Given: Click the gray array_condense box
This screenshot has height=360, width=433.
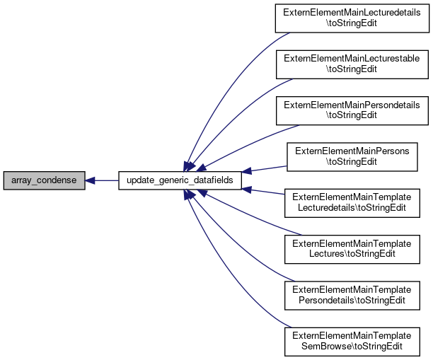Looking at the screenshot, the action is tap(44, 180).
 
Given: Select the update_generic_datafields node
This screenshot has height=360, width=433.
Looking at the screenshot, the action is tap(180, 180).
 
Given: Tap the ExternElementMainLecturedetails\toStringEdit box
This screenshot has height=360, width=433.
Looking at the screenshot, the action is tap(352, 18).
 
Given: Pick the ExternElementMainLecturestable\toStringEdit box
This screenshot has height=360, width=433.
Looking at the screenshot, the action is tap(352, 64).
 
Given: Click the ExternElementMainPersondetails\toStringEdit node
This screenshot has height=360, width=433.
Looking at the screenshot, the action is tap(352, 111).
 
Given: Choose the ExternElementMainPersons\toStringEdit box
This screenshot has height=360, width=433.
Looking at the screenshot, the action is tap(352, 157).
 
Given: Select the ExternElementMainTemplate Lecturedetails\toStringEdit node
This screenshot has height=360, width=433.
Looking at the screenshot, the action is tap(352, 203).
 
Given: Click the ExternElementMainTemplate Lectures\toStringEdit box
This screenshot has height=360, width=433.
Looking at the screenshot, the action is tap(352, 249).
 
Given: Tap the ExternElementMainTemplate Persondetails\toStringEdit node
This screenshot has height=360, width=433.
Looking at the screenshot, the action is tap(352, 296).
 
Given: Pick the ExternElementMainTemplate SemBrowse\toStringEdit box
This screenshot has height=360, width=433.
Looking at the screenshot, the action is tap(352, 342).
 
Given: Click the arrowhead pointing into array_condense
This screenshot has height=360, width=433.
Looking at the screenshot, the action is tap(90, 180).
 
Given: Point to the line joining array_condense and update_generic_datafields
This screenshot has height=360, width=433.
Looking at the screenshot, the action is tap(102, 180).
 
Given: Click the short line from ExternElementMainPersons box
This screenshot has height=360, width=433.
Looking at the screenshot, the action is tap(265, 169).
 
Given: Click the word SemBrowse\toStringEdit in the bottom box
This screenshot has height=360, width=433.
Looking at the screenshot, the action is tap(352, 347).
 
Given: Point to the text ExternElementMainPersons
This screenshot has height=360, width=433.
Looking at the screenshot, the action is tap(352, 151).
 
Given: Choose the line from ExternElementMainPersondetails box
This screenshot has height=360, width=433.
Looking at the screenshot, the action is tap(248, 145).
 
